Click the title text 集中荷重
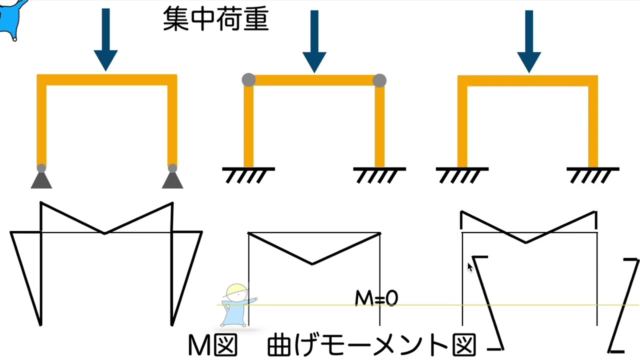215,19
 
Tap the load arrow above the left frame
105,39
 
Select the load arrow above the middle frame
314,41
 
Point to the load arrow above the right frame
529,41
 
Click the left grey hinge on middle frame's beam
248,80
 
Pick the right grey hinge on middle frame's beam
379,80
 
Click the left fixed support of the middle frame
248,175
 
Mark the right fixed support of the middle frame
379,175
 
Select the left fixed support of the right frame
462,175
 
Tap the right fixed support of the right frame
593,175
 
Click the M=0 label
376,298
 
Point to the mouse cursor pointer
470,267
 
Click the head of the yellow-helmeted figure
236,292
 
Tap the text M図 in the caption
213,345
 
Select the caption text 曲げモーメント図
371,345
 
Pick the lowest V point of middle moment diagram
312,264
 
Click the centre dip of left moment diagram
105,233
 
